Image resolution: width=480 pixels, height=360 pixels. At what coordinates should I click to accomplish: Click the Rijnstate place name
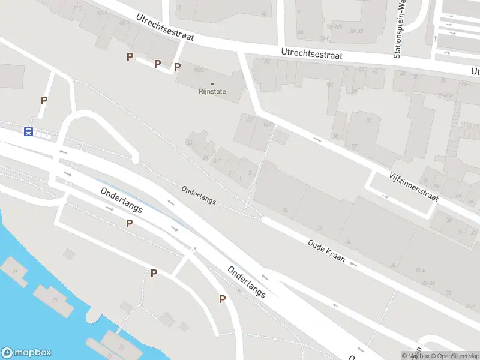tap(212, 92)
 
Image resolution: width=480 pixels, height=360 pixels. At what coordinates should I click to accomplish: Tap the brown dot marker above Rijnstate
tap(212, 84)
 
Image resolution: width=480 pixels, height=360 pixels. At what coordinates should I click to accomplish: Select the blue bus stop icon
tap(28, 131)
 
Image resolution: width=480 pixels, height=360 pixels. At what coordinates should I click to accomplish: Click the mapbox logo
tap(26, 353)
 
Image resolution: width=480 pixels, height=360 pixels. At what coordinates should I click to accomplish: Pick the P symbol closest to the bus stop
tap(44, 101)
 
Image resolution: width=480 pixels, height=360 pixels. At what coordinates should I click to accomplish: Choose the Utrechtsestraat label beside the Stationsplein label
tap(312, 55)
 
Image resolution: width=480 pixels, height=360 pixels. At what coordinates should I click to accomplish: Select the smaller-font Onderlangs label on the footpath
tap(199, 194)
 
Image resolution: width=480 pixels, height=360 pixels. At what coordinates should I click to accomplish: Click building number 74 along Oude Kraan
tap(285, 211)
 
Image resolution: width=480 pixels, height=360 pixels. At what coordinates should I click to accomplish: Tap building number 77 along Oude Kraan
tap(320, 228)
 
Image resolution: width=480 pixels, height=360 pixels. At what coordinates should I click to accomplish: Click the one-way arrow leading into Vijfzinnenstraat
tap(317, 140)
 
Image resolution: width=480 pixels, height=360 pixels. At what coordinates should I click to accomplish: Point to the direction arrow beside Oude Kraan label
tap(354, 264)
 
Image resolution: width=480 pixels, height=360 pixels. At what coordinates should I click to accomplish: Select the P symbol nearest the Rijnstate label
tap(177, 67)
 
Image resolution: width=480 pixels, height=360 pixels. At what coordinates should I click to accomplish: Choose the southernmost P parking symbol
tap(222, 299)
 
